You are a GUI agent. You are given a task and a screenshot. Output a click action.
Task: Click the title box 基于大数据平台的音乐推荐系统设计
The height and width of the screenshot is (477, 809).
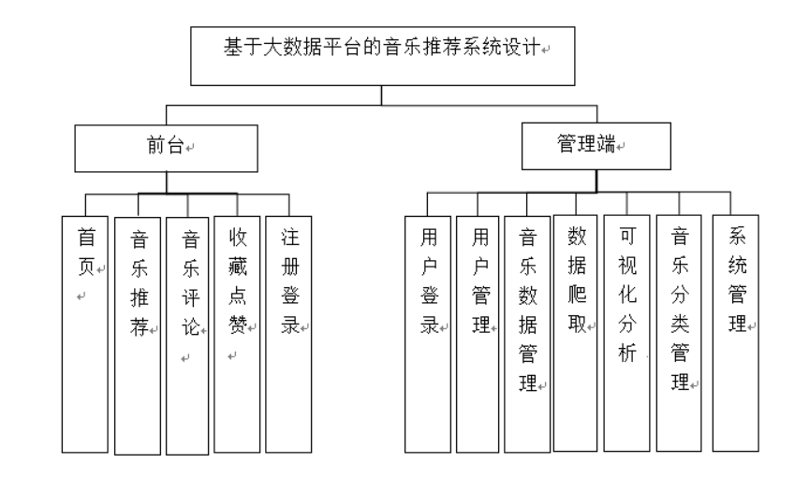click(x=382, y=56)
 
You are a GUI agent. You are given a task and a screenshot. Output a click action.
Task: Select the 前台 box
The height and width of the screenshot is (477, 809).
click(x=166, y=149)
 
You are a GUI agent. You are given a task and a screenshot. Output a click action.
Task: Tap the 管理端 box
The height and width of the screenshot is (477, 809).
click(x=596, y=146)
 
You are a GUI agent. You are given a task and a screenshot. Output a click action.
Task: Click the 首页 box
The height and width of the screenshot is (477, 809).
click(x=85, y=334)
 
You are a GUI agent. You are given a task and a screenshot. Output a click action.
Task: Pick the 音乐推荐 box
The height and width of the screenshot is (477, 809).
click(x=138, y=336)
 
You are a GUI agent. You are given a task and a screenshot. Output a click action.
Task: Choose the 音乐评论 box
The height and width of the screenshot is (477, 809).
click(x=187, y=336)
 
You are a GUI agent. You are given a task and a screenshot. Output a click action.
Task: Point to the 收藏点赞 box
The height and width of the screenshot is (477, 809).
click(x=237, y=334)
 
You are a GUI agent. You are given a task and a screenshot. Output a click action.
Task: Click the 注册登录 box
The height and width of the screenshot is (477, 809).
click(x=288, y=334)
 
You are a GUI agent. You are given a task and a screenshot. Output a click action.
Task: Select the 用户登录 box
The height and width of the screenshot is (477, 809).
click(x=428, y=334)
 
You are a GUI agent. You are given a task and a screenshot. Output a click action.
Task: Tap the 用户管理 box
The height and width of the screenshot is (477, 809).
click(x=478, y=334)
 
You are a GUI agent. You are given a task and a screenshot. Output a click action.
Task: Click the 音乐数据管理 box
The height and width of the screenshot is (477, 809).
click(x=527, y=334)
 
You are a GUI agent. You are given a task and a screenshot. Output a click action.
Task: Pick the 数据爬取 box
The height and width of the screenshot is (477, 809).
click(x=575, y=333)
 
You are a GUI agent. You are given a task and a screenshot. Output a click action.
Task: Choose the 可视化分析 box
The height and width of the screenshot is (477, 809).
click(x=626, y=333)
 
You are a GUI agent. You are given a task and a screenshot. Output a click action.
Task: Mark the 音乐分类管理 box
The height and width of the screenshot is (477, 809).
click(x=679, y=333)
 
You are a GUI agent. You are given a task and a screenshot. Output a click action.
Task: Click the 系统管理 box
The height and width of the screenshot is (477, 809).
click(x=736, y=333)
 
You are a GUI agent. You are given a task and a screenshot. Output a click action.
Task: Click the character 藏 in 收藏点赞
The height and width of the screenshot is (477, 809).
click(x=237, y=267)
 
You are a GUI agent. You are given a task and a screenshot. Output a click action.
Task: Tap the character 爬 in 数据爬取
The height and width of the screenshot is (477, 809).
click(x=578, y=295)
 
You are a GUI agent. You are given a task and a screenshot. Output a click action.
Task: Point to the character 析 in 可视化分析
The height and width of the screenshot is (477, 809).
click(x=627, y=353)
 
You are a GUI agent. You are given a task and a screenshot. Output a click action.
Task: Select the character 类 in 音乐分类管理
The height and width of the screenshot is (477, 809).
click(x=680, y=324)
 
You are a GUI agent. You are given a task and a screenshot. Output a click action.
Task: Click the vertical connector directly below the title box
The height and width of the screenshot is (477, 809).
click(x=382, y=95)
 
